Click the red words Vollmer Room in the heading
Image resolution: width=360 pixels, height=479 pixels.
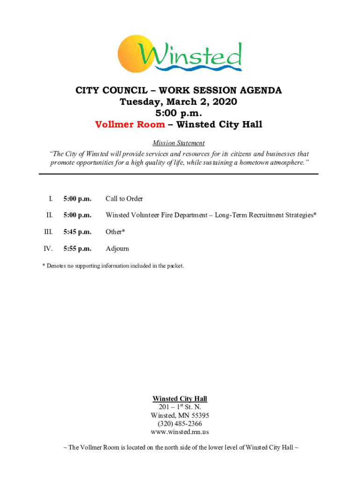[130, 124]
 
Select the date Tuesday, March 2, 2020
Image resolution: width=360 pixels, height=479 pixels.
[179, 102]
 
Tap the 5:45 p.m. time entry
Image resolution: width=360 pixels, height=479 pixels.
[77, 232]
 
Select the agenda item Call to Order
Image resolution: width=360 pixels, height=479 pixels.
[124, 199]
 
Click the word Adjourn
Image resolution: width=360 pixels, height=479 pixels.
[117, 249]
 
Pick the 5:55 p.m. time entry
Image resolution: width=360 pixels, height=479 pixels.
[77, 249]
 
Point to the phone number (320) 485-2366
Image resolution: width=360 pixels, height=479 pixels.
[180, 424]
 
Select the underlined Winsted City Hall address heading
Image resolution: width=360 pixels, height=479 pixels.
[180, 399]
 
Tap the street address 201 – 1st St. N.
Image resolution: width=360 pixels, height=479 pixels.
[180, 407]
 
